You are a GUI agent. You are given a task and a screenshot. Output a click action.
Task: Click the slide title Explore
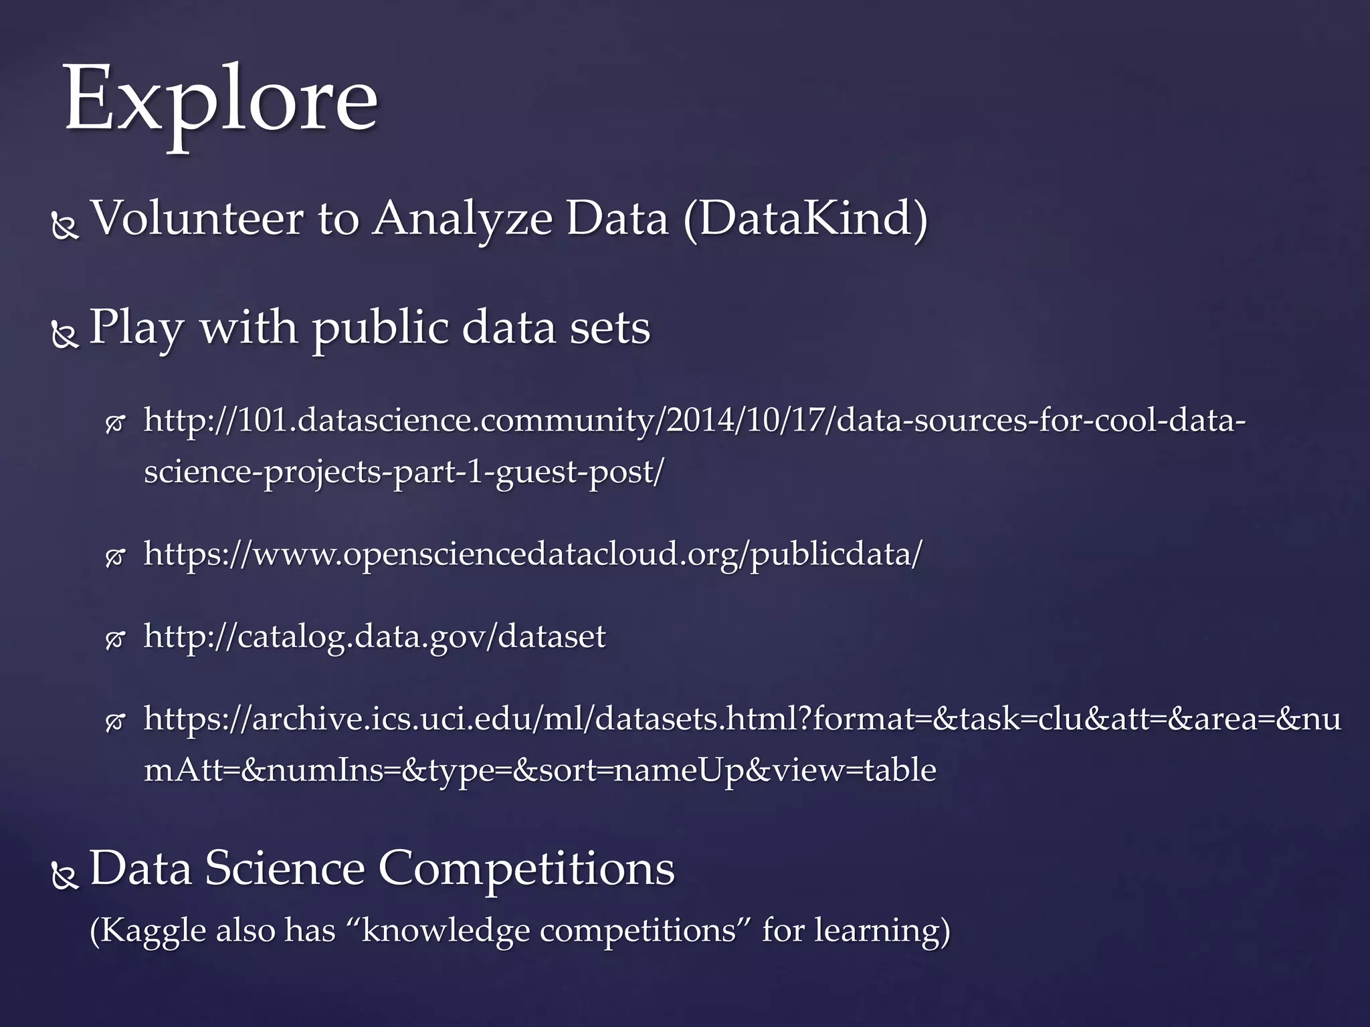[221, 100]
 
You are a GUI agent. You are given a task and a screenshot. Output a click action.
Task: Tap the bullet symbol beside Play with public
[65, 336]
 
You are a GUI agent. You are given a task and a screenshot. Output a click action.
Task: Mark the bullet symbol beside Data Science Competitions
[65, 878]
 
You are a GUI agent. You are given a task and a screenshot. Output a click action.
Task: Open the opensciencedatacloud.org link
[532, 554]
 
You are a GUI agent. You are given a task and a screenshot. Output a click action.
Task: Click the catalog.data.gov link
[375, 636]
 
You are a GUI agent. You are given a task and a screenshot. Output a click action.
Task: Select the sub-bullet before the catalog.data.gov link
[115, 640]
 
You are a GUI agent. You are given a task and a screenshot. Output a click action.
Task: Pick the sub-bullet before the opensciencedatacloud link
[115, 558]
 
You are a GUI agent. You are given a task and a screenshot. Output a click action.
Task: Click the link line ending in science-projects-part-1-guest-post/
[404, 472]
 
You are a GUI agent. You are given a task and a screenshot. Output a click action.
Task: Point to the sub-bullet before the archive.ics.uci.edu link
[115, 722]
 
